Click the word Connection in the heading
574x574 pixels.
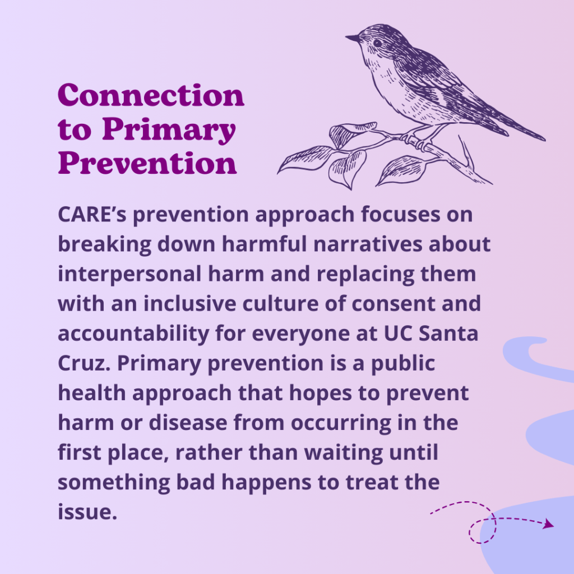pos(151,95)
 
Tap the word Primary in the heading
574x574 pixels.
pos(169,130)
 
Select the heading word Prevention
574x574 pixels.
pos(147,163)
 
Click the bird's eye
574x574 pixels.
pos(377,43)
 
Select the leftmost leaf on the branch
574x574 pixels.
pos(304,159)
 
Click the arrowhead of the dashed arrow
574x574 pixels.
pos(548,524)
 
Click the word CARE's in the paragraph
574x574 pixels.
pos(92,214)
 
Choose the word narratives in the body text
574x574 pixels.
pos(368,244)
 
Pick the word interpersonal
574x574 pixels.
pos(129,275)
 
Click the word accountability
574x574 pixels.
pos(133,334)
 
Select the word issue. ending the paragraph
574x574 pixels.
pos(87,512)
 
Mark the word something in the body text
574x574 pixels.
pos(114,483)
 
